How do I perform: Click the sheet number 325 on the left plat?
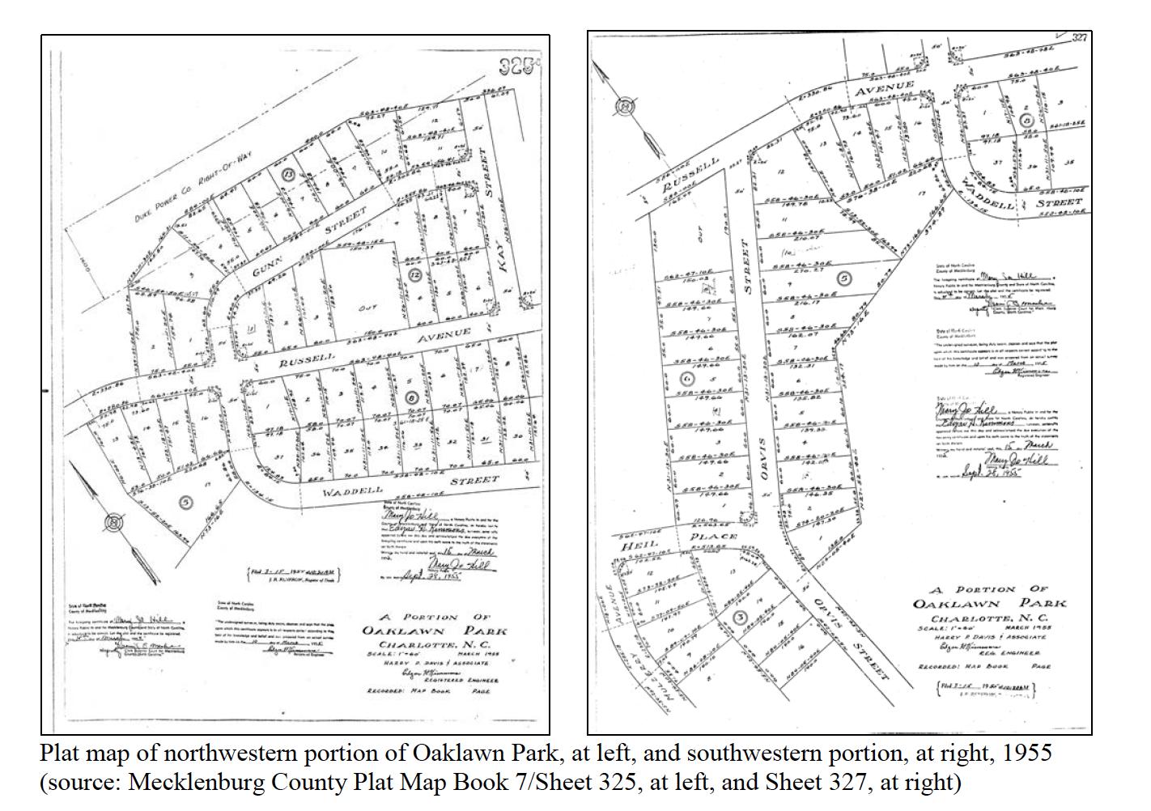(x=518, y=67)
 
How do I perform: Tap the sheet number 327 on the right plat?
(x=1079, y=37)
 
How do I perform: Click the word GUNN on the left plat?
(x=268, y=266)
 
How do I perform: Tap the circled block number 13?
(x=287, y=174)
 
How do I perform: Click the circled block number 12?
(x=414, y=274)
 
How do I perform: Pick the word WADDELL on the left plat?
(x=352, y=491)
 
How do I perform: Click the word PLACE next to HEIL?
(x=713, y=536)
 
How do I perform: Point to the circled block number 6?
(x=687, y=378)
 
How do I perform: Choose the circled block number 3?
(x=739, y=618)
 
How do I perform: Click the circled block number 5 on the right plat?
(x=843, y=278)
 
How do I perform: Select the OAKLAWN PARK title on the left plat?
(x=434, y=631)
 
